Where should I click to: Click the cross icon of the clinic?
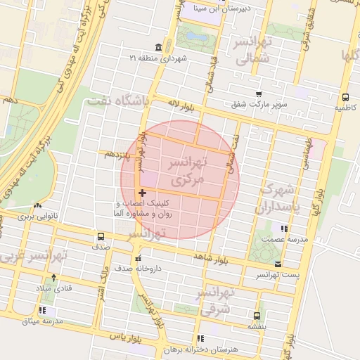[x=143, y=193]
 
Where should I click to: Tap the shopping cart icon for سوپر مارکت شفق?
[x=259, y=94]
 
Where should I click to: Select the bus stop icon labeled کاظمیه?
[x=345, y=98]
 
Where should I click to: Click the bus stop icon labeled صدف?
[x=101, y=236]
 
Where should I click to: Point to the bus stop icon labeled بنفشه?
[x=257, y=315]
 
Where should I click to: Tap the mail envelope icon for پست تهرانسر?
[x=278, y=264]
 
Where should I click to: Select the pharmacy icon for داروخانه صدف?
[x=139, y=258]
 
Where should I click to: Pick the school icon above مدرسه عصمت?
[x=284, y=229]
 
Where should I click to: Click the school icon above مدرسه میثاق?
[x=43, y=310]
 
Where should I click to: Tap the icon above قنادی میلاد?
[x=55, y=277]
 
